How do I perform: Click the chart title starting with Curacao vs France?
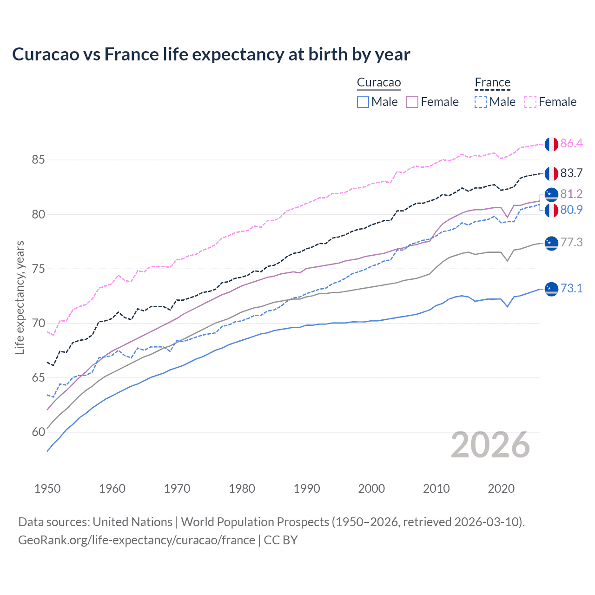211,54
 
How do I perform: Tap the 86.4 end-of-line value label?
571,143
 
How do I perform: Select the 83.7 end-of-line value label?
571,173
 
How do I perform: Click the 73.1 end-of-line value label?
571,288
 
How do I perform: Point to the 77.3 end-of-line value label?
571,242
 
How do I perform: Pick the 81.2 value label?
571,194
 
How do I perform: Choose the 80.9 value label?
571,210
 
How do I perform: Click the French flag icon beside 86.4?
551,144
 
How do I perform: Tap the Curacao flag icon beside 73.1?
551,289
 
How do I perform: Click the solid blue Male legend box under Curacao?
363,102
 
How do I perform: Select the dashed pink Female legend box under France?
530,102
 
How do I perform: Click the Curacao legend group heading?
379,83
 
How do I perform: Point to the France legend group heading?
492,83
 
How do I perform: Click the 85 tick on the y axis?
38,160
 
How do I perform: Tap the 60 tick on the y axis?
38,432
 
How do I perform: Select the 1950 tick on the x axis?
47,489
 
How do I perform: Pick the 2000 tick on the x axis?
371,489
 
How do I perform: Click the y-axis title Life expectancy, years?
20,297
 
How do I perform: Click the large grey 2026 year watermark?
490,445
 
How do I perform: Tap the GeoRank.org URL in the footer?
137,540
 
